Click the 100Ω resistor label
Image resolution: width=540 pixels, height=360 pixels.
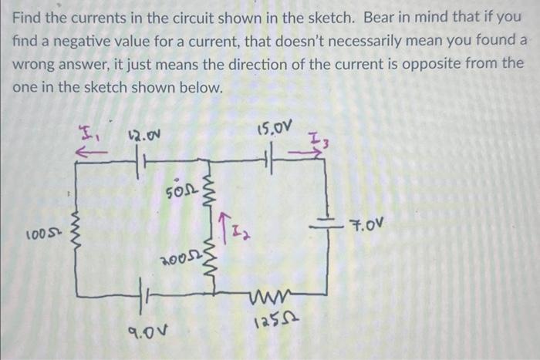[x=40, y=234]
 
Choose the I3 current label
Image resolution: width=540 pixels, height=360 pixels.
[x=318, y=140]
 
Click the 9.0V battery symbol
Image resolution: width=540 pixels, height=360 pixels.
[x=143, y=295]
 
